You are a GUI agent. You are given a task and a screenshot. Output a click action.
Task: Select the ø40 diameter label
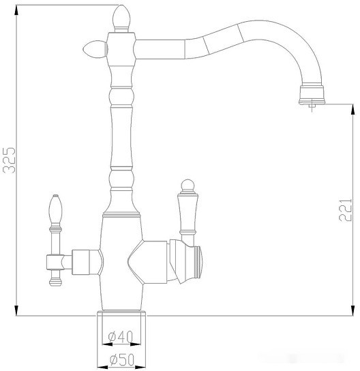121,336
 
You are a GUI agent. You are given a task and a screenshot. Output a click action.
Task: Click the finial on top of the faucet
121,16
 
